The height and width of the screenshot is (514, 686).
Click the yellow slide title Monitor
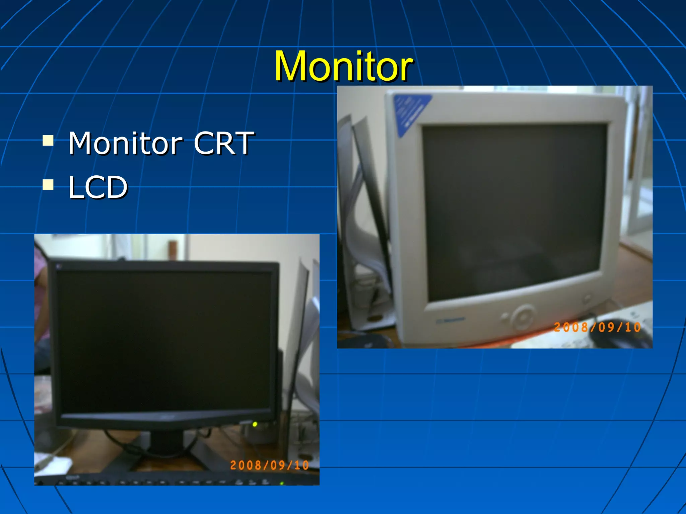(x=344, y=66)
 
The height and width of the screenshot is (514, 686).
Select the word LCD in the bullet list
(x=98, y=187)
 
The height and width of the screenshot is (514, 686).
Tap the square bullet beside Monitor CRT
(x=48, y=141)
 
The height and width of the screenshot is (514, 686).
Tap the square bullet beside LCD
(x=48, y=184)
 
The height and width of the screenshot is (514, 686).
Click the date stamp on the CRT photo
(x=597, y=327)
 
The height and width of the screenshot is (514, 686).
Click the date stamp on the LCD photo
(x=269, y=465)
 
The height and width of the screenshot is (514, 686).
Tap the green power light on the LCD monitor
(x=255, y=425)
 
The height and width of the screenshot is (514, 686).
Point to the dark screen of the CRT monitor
(x=512, y=211)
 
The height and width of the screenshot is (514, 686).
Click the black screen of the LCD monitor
(x=164, y=341)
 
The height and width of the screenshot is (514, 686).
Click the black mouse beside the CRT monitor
(x=620, y=338)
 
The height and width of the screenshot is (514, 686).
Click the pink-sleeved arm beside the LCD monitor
(x=41, y=301)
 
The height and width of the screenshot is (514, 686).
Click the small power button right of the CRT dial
(x=587, y=298)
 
